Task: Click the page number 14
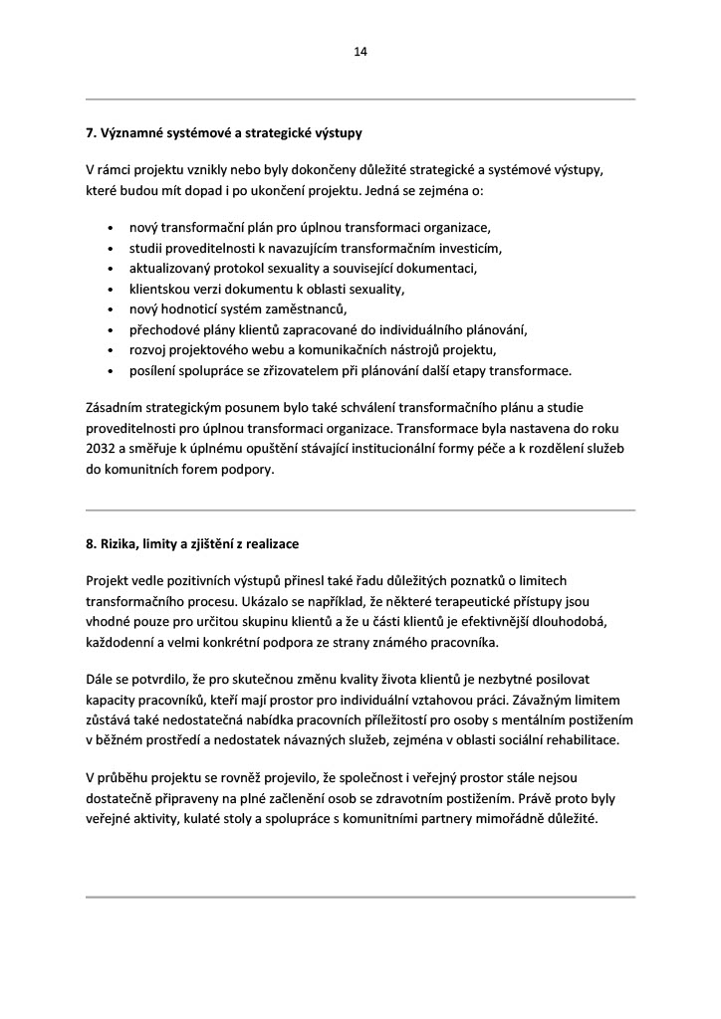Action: tap(360, 52)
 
